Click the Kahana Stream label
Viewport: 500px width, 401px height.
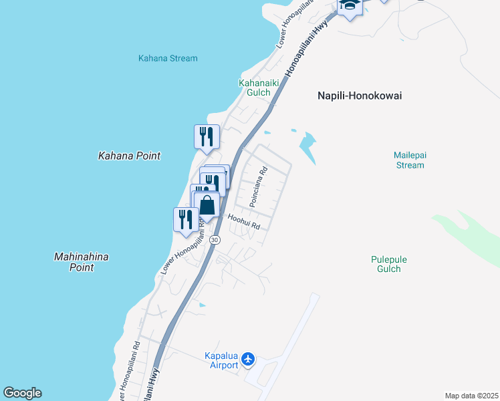pyautogui.click(x=168, y=58)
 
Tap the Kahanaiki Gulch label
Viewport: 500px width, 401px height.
pyautogui.click(x=255, y=88)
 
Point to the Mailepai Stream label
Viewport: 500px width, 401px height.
pyautogui.click(x=409, y=160)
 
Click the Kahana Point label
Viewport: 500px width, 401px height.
pyautogui.click(x=129, y=156)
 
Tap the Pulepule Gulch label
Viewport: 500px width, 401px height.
pyautogui.click(x=388, y=264)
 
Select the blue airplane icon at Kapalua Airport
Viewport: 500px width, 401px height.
pyautogui.click(x=249, y=360)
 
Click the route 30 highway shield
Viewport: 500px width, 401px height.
pyautogui.click(x=214, y=239)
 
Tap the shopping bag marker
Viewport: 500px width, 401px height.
pyautogui.click(x=207, y=204)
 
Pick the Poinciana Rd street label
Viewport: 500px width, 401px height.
pyautogui.click(x=258, y=186)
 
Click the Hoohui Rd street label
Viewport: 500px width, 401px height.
pyautogui.click(x=243, y=222)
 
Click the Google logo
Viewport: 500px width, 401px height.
pyautogui.click(x=22, y=393)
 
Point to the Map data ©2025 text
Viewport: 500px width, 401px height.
pyautogui.click(x=471, y=396)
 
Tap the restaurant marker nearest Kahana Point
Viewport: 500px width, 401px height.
pyautogui.click(x=207, y=136)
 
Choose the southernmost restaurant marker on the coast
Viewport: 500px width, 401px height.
pyautogui.click(x=186, y=219)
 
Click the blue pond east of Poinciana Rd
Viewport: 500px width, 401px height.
pyautogui.click(x=307, y=143)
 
